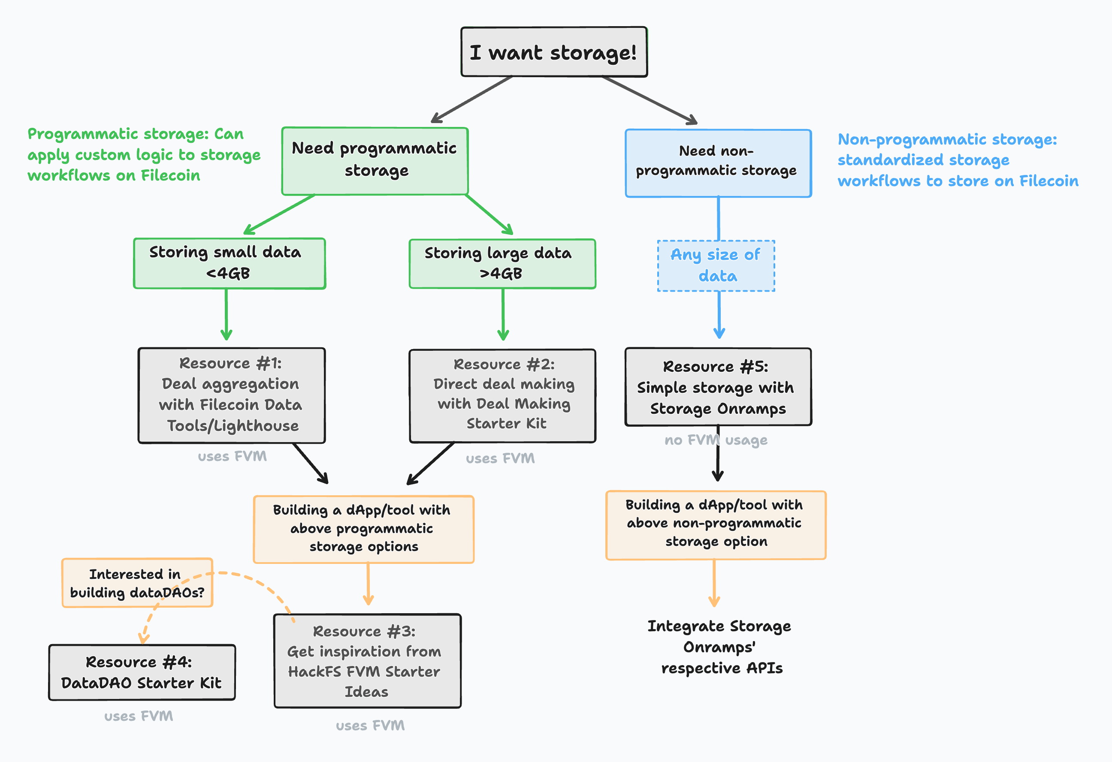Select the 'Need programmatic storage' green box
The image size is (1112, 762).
[375, 161]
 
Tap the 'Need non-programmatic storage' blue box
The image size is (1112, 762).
[718, 163]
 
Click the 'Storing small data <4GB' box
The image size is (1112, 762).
[229, 263]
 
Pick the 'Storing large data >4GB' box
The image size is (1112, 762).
[502, 264]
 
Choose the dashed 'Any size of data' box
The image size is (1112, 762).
[716, 265]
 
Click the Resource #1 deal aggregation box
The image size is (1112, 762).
[232, 395]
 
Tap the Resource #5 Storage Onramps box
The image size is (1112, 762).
[718, 386]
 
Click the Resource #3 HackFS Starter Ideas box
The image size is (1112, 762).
[367, 661]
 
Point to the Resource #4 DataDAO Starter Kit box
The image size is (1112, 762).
[142, 672]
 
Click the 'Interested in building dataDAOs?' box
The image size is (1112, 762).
[137, 583]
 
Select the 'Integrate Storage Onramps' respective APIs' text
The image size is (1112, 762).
[719, 647]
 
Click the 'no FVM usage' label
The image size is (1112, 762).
[716, 440]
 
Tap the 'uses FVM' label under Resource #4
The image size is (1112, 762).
[139, 716]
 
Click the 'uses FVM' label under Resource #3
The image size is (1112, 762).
[370, 726]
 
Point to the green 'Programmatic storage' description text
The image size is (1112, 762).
[144, 154]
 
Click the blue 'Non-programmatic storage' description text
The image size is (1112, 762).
[957, 160]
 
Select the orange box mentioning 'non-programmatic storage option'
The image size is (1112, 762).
[716, 525]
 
